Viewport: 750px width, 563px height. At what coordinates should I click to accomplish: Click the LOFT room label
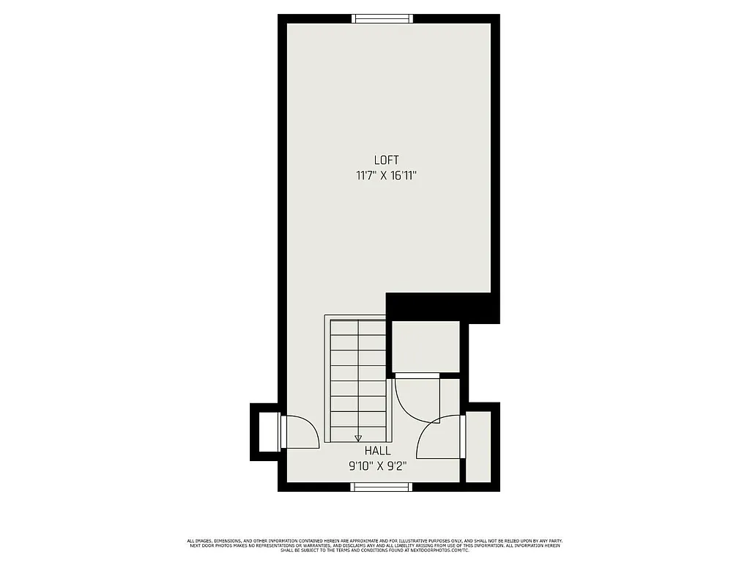coord(386,160)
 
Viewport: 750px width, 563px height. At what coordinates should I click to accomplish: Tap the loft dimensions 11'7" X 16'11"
coord(386,175)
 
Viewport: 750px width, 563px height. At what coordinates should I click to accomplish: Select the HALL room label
coord(378,452)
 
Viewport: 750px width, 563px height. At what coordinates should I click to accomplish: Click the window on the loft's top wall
coord(382,19)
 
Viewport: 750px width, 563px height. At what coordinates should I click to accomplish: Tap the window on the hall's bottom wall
coord(381,487)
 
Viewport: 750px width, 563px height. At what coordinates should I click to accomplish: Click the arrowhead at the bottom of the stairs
coord(358,438)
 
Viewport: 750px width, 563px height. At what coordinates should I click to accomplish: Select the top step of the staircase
coord(358,328)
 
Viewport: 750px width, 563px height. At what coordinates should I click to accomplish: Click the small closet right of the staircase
coord(426,346)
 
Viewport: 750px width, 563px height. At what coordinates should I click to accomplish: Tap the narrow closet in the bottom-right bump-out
coord(478,447)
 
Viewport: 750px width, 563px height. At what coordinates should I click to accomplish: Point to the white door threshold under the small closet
coord(417,375)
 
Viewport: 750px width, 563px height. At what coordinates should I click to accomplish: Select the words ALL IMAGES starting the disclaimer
coord(201,541)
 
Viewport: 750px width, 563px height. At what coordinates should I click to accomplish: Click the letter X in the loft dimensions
coord(383,176)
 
